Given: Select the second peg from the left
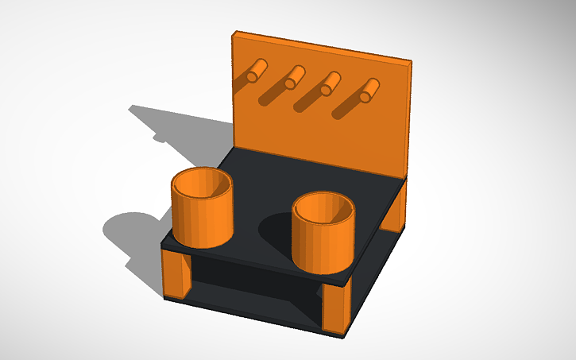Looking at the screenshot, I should coord(295,76).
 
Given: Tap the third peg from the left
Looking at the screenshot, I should coord(330,83).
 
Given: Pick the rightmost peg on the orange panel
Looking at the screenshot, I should coord(369,91).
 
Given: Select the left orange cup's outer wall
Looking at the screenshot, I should coord(203,219).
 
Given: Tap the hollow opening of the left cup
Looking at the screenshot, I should coord(203,183).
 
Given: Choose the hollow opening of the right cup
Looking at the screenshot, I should coord(323,208).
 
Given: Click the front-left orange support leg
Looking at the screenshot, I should coord(176,275).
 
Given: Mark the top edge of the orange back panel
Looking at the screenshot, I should coord(322,47).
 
